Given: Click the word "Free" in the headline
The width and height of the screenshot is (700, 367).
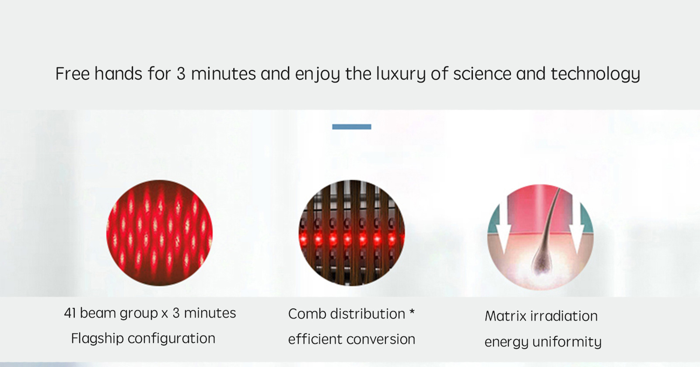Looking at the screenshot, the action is pos(73,73).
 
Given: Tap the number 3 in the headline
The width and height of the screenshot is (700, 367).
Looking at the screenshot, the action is pos(181,74).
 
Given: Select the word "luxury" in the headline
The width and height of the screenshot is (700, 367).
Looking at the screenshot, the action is pos(401,74).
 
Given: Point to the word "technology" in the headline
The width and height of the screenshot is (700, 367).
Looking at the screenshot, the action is pos(595,74).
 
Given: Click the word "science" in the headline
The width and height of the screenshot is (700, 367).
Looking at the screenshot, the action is pos(482,74).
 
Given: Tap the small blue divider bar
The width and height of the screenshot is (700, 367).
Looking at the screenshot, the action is pos(352,127).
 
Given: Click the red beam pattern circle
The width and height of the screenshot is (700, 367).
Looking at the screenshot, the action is pos(159,233).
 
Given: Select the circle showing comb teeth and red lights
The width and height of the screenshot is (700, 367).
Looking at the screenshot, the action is pos(352,233).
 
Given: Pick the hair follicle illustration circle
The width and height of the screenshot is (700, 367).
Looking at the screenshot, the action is pos(540,237).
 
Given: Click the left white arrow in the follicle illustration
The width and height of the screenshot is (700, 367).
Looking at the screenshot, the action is pos(504,228).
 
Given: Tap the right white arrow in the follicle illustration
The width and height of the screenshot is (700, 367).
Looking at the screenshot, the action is pos(577,228).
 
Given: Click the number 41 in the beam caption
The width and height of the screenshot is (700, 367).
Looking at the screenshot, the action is pos(70,313).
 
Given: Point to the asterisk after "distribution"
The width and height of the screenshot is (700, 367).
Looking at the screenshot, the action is pos(412,312).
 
